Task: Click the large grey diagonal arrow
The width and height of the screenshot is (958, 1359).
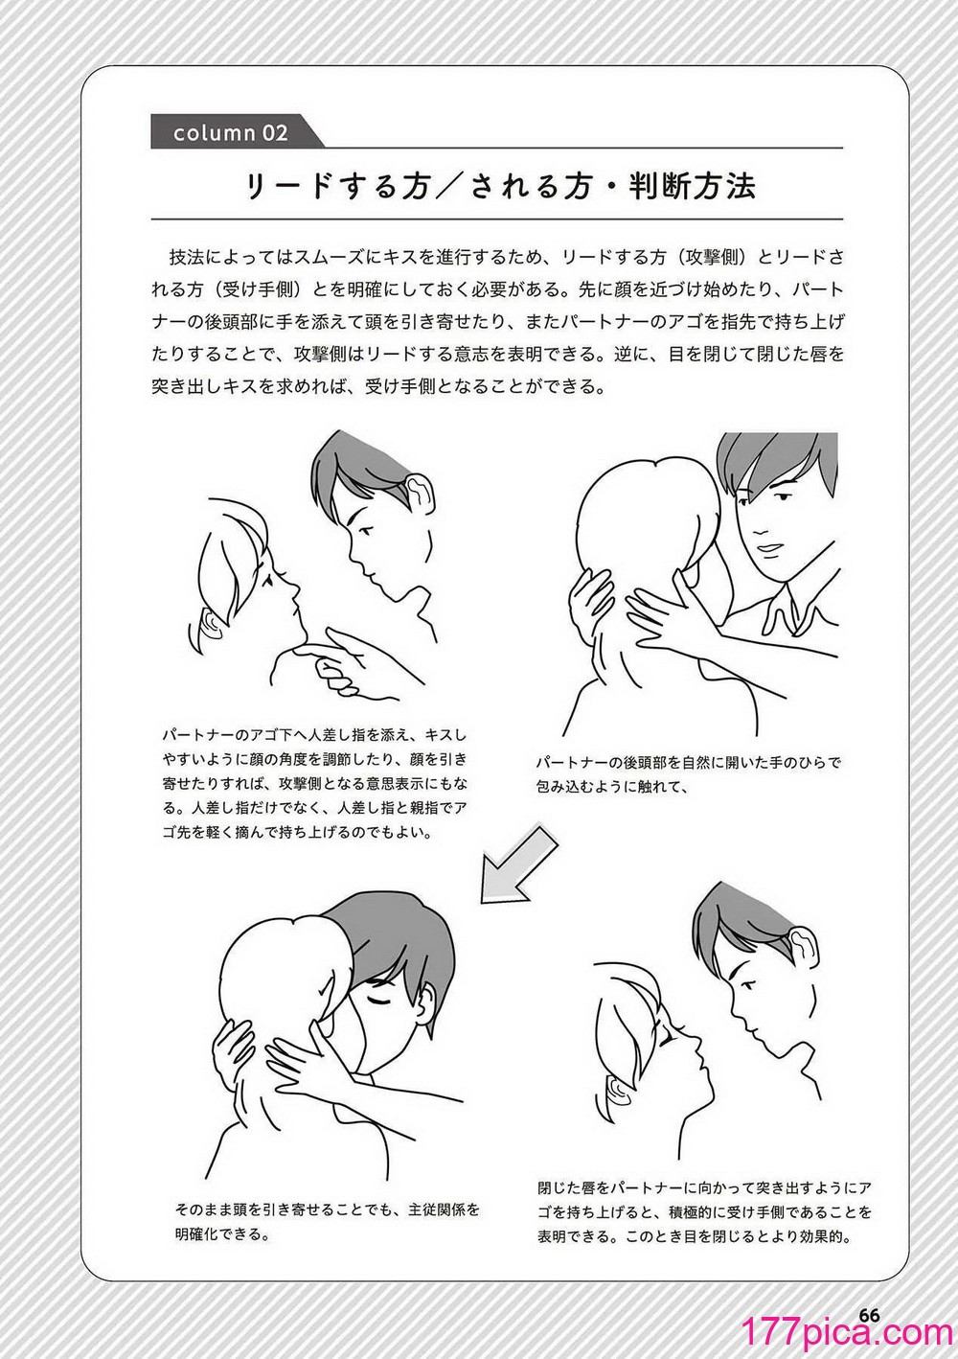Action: click(x=518, y=863)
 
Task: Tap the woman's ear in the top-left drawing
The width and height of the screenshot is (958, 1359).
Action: click(x=211, y=623)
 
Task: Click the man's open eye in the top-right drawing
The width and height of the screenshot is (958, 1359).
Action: click(x=784, y=496)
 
